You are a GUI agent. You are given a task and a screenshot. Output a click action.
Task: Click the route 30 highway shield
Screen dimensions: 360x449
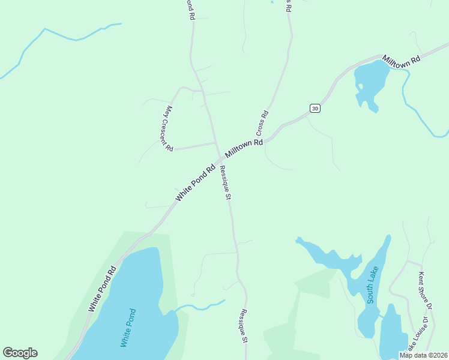click(315, 108)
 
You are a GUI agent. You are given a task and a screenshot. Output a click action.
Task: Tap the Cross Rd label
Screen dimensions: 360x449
click(262, 122)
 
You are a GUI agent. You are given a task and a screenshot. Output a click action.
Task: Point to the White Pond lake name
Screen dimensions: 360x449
click(128, 328)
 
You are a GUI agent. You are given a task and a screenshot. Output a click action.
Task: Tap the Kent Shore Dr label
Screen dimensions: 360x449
click(425, 290)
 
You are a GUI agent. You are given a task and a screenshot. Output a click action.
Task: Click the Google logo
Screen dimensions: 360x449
click(20, 353)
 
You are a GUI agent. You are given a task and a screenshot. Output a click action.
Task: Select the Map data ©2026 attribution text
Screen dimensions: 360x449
click(424, 355)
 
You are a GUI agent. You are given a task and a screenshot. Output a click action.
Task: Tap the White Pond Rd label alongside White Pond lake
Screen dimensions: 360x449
click(101, 289)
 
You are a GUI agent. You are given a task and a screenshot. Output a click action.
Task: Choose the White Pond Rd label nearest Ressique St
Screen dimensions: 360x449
click(195, 183)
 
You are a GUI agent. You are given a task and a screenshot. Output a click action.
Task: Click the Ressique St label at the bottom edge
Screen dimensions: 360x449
click(244, 326)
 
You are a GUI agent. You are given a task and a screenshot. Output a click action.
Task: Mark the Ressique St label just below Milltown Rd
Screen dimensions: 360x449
click(225, 182)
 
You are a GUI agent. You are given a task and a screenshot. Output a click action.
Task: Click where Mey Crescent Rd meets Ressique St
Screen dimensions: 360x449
click(216, 143)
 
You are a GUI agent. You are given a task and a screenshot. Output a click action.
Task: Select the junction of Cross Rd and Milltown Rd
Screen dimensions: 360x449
click(268, 139)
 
